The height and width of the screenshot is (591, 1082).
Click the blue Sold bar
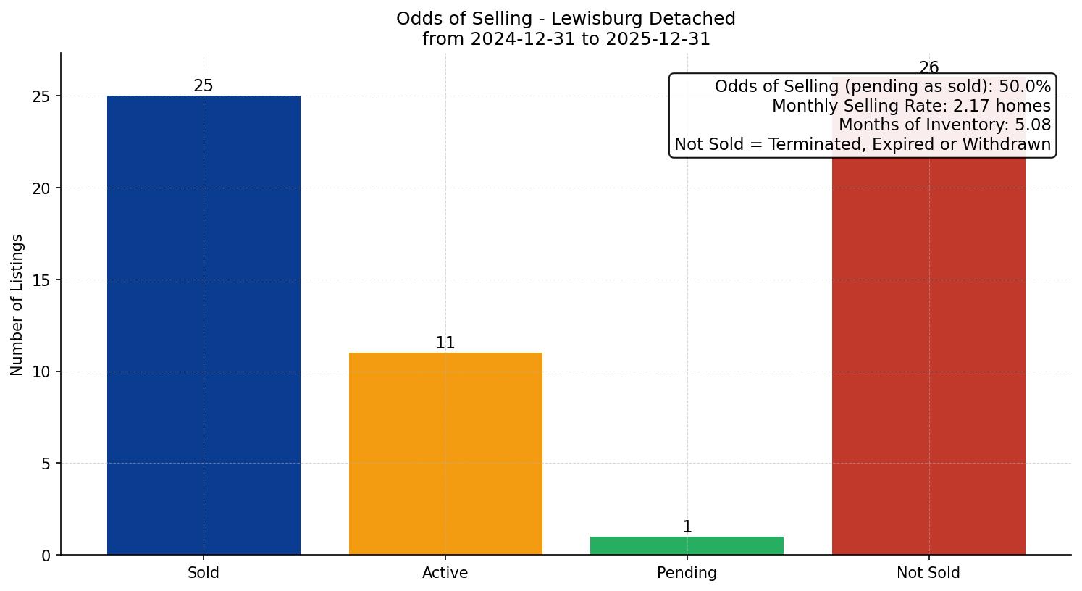pos(204,325)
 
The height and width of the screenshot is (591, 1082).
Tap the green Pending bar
pos(687,545)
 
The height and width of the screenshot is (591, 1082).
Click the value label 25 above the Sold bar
pos(204,86)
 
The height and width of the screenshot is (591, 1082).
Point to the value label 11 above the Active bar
pos(445,343)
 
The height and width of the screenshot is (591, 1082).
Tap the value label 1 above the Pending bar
pos(687,527)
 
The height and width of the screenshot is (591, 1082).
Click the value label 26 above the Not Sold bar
pos(928,68)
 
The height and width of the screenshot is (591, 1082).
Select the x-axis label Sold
pos(204,573)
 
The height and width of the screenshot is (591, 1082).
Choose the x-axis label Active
pos(445,573)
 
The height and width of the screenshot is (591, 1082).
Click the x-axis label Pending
pos(687,573)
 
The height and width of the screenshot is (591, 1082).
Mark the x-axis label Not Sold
pos(928,573)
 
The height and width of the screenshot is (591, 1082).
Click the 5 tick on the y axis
pos(46,464)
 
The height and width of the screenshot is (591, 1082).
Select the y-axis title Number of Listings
pos(17,305)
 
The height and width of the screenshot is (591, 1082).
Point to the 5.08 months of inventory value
pos(1033,125)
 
